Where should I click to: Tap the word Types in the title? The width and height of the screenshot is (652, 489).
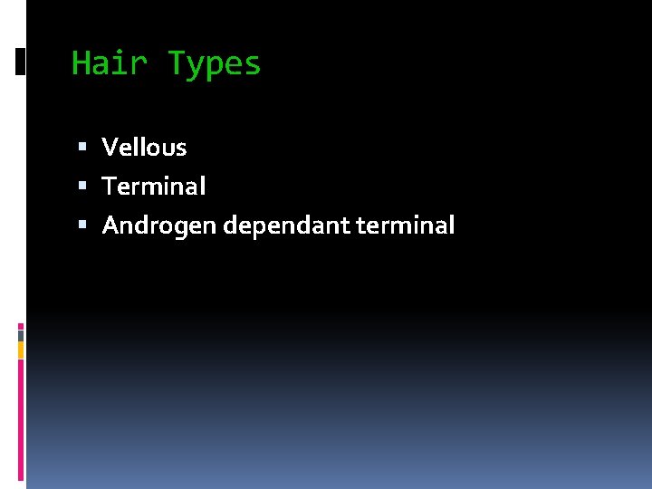pos(215,64)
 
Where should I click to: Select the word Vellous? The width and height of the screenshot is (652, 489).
pos(144,147)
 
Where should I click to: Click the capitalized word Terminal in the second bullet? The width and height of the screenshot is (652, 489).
pos(154,186)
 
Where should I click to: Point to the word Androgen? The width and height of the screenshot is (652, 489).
pos(159,225)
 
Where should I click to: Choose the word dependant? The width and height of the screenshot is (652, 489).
pos(288,225)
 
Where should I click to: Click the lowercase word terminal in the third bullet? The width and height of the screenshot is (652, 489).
pos(406,225)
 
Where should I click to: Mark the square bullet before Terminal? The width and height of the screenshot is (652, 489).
pos(82,186)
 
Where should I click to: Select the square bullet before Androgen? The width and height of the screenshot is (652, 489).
pos(82,225)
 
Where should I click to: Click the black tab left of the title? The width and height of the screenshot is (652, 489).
pos(20,62)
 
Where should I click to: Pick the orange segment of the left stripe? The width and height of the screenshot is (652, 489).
pos(21,350)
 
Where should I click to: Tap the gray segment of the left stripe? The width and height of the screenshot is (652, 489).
pos(21,335)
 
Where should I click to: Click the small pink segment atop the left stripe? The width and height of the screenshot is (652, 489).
pos(21,326)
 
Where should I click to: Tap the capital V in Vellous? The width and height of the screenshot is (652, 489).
pos(110,147)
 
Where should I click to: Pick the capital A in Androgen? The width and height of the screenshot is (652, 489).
pos(110,225)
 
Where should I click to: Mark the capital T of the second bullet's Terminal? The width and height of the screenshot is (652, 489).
pos(109,186)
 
